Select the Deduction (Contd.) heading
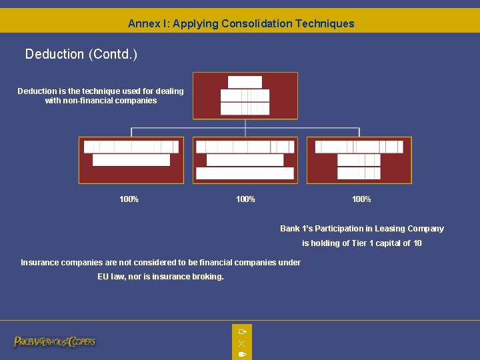[81, 54]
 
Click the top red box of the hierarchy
[245, 95]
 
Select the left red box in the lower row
[131, 160]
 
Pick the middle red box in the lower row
[245, 160]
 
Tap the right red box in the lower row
[359, 160]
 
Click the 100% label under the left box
[129, 199]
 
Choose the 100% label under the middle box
[245, 199]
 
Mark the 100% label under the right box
[361, 199]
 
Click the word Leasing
[389, 229]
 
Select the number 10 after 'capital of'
[417, 243]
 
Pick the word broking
[209, 277]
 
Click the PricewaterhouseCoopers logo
[55, 341]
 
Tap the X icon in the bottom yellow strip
[241, 343]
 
